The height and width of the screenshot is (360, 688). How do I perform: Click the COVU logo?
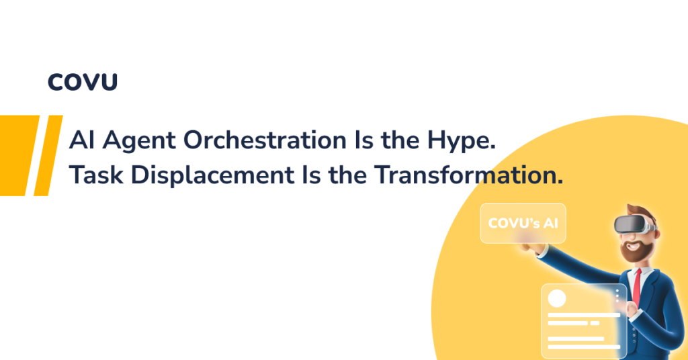pos(83,82)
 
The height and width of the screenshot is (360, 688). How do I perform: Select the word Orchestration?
pos(265,140)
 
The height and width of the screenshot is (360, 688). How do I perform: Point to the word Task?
pos(96,175)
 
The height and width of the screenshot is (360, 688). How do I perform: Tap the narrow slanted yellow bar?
pos(48,156)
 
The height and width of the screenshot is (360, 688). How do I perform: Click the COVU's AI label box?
pos(523,223)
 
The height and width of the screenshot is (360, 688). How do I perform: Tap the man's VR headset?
pos(634,225)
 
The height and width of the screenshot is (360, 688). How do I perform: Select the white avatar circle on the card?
pos(557,299)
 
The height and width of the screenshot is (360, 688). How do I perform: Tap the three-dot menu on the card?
pos(617,295)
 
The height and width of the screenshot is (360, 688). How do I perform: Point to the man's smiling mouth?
pos(632,246)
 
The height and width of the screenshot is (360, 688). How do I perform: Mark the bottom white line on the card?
pos(584,347)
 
